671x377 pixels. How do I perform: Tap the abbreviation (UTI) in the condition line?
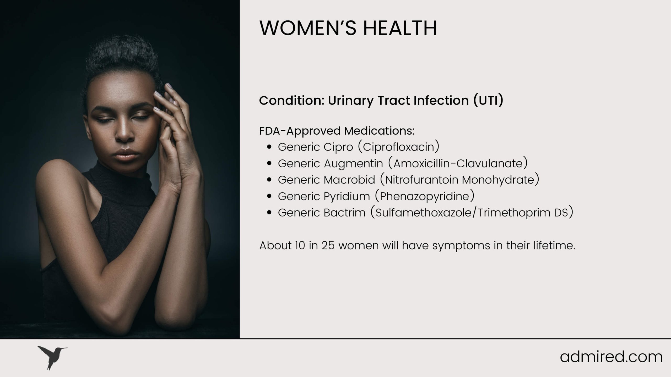[488, 100]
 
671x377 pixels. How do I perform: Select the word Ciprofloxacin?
[398, 147]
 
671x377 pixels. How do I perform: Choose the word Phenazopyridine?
[425, 196]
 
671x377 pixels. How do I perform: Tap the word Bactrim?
[344, 213]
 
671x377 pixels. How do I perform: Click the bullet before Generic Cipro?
[269, 147]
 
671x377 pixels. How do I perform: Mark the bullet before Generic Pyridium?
[269, 196]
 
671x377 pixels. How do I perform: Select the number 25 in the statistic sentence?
[328, 246]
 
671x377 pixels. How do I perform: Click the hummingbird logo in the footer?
[52, 358]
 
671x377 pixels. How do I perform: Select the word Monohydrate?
[500, 180]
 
